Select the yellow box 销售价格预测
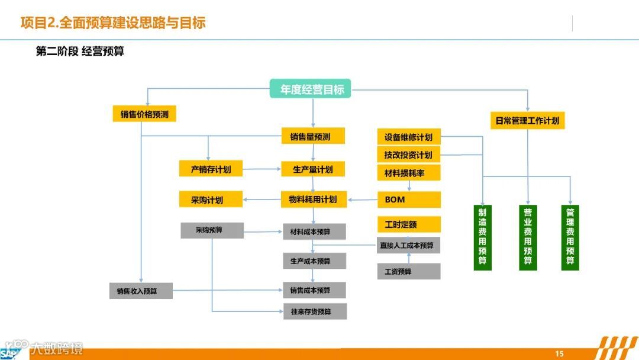click(x=144, y=114)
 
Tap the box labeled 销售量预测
click(x=312, y=137)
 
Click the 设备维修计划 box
click(x=409, y=137)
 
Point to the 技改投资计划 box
click(x=409, y=155)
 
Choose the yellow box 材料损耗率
click(x=409, y=172)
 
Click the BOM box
click(x=409, y=200)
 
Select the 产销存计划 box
click(x=211, y=169)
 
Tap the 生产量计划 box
click(x=312, y=169)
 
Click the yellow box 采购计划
click(x=211, y=200)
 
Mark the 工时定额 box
click(x=409, y=224)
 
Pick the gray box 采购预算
click(x=212, y=230)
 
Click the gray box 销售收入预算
click(x=141, y=291)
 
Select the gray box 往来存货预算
click(x=314, y=311)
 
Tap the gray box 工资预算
click(x=409, y=271)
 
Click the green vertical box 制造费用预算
click(x=483, y=237)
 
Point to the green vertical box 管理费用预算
click(x=570, y=237)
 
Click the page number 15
click(x=559, y=353)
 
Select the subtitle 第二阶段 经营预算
click(x=80, y=52)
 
